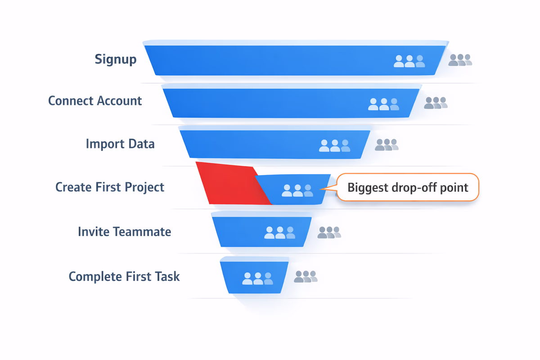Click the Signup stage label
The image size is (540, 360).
(116, 59)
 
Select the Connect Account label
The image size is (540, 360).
(95, 100)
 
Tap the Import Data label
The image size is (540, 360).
(120, 144)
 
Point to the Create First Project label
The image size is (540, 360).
(110, 187)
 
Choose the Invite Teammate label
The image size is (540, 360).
(124, 232)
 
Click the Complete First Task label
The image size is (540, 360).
(124, 276)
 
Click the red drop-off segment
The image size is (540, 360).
(229, 184)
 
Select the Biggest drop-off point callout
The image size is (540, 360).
(408, 187)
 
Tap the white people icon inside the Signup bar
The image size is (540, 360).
(409, 61)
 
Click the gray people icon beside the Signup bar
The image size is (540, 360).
(460, 60)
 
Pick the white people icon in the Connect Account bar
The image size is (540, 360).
(383, 104)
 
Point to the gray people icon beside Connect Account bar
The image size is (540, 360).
(436, 103)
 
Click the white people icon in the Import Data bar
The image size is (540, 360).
(334, 145)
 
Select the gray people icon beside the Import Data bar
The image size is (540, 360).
(387, 144)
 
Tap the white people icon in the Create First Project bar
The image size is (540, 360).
(297, 190)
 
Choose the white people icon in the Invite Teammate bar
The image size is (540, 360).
(279, 233)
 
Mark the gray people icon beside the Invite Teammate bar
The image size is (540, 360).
(329, 232)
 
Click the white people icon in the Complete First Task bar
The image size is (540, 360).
(257, 279)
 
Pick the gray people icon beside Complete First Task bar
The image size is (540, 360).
(306, 276)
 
